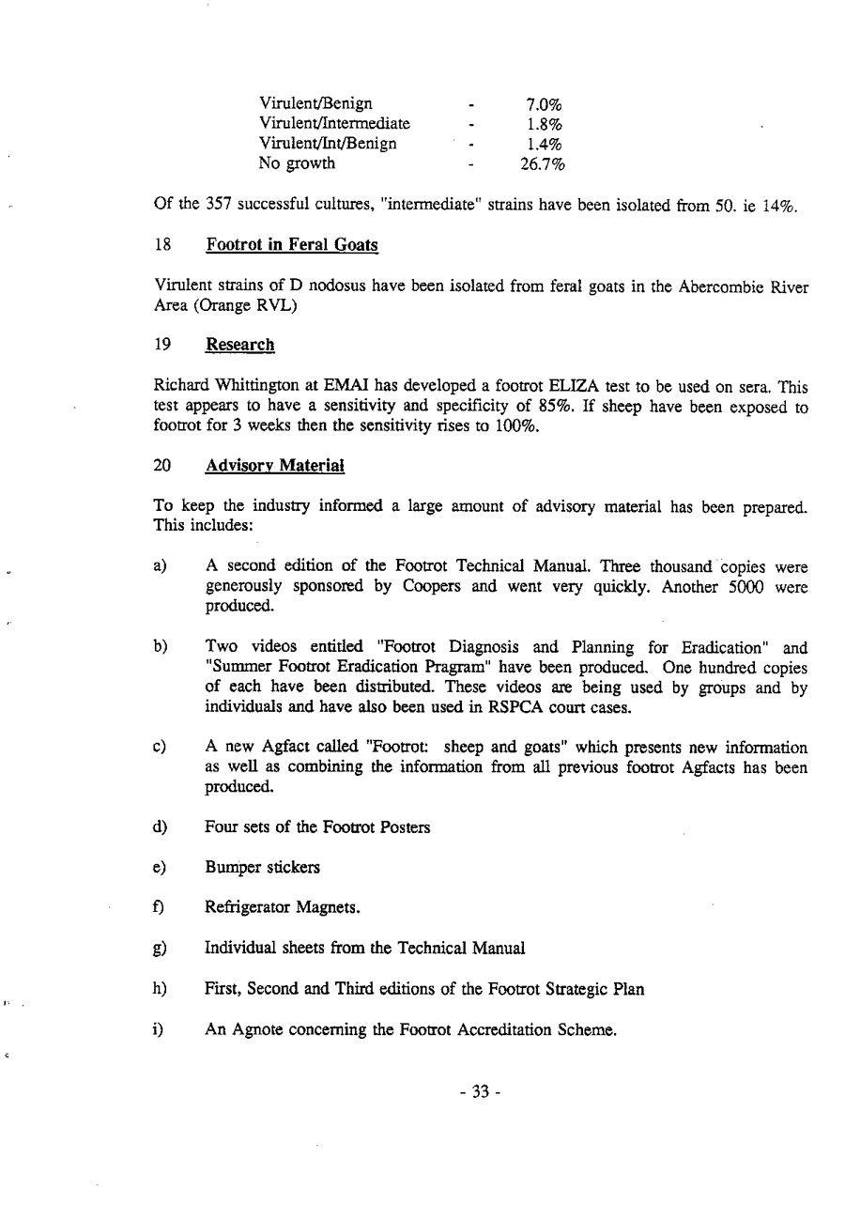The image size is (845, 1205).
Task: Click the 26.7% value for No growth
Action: pyautogui.click(x=543, y=164)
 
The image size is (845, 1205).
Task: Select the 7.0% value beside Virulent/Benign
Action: pyautogui.click(x=543, y=103)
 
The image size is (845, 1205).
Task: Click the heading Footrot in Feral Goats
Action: pyautogui.click(x=291, y=246)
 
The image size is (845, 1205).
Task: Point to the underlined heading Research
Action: pyautogui.click(x=239, y=345)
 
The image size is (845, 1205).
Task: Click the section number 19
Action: pyautogui.click(x=161, y=345)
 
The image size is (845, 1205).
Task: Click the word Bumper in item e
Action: pyautogui.click(x=229, y=868)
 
